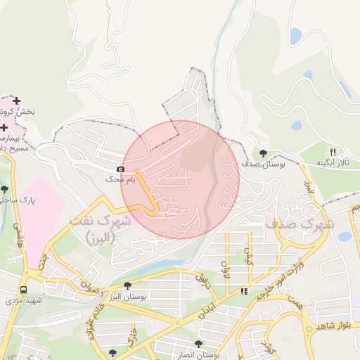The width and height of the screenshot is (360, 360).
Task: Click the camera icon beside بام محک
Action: [120, 169]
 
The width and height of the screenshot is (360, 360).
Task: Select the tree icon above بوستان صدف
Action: [263, 153]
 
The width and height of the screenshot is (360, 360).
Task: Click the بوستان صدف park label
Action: [262, 164]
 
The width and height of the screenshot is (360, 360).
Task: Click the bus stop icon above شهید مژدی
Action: [24, 290]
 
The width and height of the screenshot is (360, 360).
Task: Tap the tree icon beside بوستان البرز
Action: [127, 285]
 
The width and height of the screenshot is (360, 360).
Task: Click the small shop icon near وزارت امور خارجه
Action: [244, 290]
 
